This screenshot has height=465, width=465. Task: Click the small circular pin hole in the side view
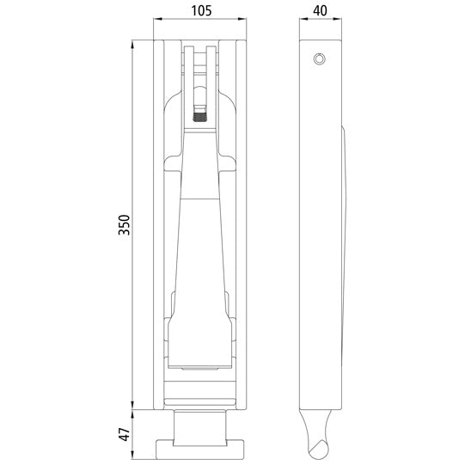320,58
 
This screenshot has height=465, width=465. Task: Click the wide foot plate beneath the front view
201,448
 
